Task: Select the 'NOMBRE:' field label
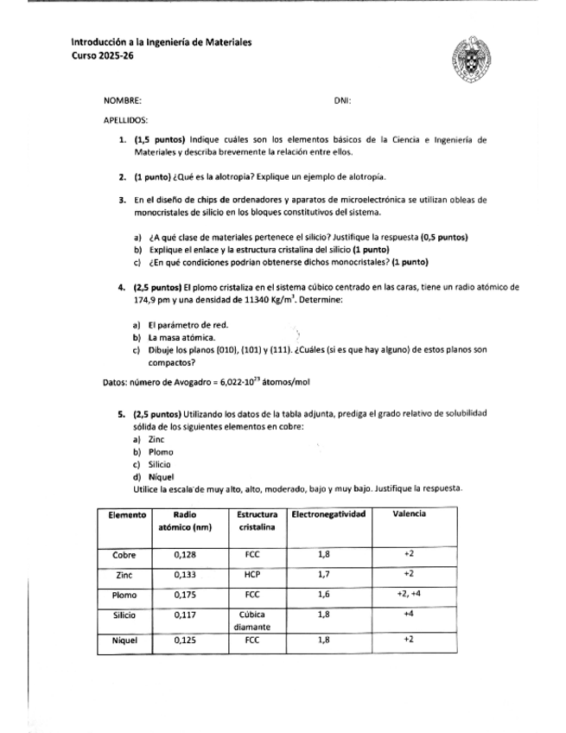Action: click(122, 101)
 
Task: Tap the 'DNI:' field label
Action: click(341, 101)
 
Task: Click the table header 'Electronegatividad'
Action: click(329, 514)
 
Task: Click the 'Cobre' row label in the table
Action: click(128, 554)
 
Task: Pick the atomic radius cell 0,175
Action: click(186, 595)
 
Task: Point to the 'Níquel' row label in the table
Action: click(126, 641)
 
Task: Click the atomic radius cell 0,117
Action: click(186, 615)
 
